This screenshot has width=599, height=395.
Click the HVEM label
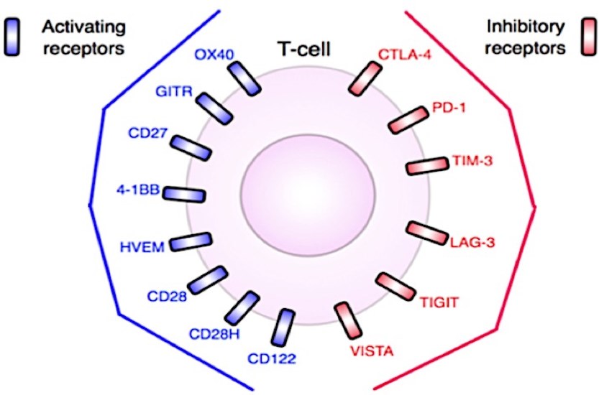click(142, 247)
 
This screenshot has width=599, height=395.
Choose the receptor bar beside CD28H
click(242, 308)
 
